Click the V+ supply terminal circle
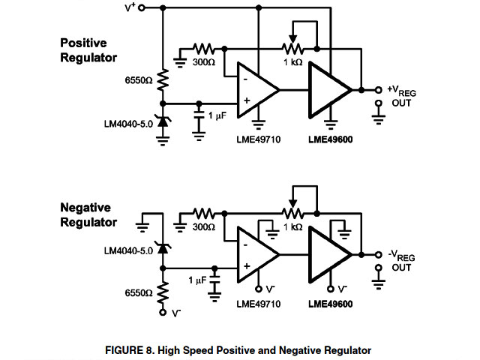pyautogui.click(x=142, y=7)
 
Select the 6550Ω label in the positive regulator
pyautogui.click(x=139, y=80)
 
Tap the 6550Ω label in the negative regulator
pyautogui.click(x=139, y=293)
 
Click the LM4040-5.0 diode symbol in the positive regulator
pyautogui.click(x=163, y=121)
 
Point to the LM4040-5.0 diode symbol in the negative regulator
pyautogui.click(x=163, y=247)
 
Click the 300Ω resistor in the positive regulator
pyautogui.click(x=203, y=49)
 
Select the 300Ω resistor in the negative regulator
pyautogui.click(x=203, y=213)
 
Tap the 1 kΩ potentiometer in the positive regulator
pyautogui.click(x=292, y=49)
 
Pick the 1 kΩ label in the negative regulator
pyautogui.click(x=293, y=227)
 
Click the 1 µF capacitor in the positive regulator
pyautogui.click(x=199, y=115)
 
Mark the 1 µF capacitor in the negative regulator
pyautogui.click(x=215, y=280)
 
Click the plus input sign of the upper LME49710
pyautogui.click(x=247, y=100)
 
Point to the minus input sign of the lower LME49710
pyautogui.click(x=245, y=245)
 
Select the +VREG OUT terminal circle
pyautogui.click(x=379, y=90)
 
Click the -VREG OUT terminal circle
pyautogui.click(x=379, y=255)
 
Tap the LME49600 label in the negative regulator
pyautogui.click(x=331, y=304)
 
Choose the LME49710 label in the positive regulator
pyautogui.click(x=259, y=139)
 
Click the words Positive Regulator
pyautogui.click(x=88, y=50)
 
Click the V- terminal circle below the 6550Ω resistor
pyautogui.click(x=163, y=312)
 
